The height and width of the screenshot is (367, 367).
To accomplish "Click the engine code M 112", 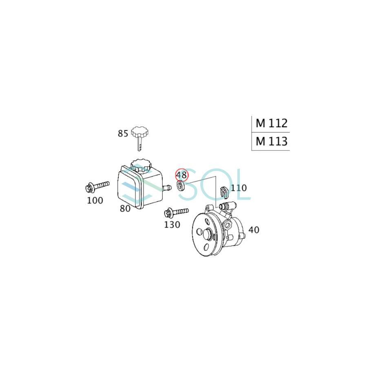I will (272, 123).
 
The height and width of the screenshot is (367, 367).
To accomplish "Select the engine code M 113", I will (272, 141).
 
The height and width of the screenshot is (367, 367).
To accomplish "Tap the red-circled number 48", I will (181, 175).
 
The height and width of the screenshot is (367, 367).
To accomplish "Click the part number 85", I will (123, 133).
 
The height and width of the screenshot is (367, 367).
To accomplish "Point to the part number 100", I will (95, 200).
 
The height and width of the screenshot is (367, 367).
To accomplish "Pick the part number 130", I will (172, 225).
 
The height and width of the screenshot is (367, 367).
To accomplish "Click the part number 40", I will (254, 230).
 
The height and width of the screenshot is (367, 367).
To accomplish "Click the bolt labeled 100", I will (98, 187).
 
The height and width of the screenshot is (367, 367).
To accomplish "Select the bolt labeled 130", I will (175, 212).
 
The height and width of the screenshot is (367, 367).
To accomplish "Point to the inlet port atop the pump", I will (224, 206).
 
